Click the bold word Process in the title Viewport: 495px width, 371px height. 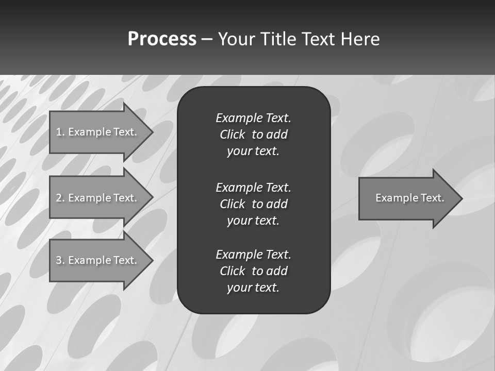[x=162, y=39]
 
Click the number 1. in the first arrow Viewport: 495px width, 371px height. [x=60, y=132]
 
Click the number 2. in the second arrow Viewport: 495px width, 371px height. [x=60, y=198]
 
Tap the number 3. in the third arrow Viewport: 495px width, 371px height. [x=60, y=260]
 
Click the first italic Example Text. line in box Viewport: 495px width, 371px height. [x=253, y=118]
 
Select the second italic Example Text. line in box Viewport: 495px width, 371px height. [x=253, y=187]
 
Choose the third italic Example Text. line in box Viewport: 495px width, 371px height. [x=253, y=255]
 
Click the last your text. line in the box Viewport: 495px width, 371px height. [x=253, y=288]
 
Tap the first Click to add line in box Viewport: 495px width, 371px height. [x=253, y=134]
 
